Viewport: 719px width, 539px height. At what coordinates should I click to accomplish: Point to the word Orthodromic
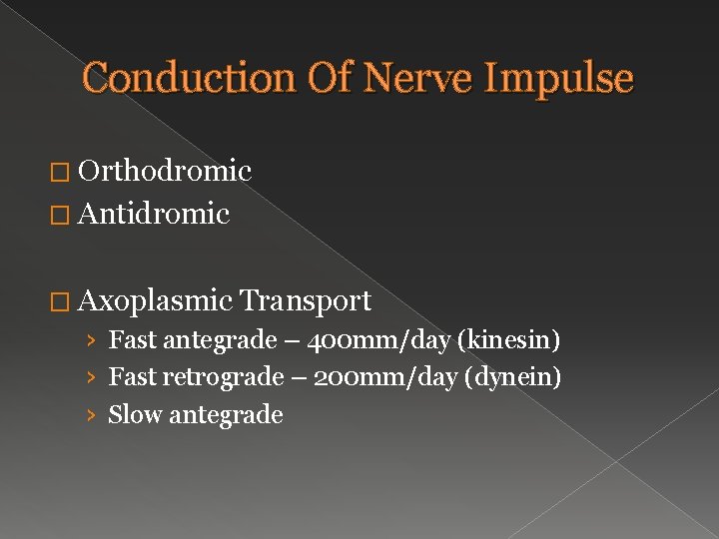point(165,172)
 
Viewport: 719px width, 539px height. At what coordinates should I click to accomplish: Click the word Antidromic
point(154,214)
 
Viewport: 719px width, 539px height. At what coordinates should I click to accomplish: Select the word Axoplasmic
point(156,300)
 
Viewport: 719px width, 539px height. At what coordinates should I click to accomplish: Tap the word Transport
point(306,300)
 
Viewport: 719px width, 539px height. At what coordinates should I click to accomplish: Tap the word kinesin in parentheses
point(507,341)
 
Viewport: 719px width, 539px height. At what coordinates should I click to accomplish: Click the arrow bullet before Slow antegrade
point(91,415)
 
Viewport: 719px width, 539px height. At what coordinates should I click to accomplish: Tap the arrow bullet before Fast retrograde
point(91,378)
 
